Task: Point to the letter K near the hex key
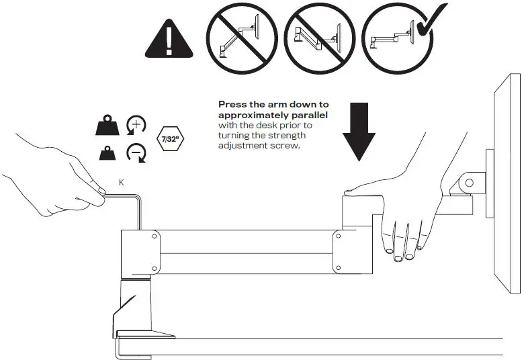tap(121, 181)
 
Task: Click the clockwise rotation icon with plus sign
tap(136, 126)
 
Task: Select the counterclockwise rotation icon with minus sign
tap(136, 154)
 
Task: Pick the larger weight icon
tap(109, 126)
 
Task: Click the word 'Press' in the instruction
tap(232, 105)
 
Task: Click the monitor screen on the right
tap(509, 181)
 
